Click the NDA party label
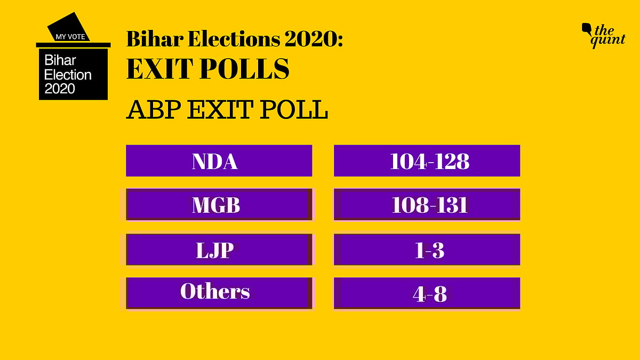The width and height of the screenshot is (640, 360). [214, 161]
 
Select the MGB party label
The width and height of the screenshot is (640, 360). [216, 205]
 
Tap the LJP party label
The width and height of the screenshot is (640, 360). [215, 250]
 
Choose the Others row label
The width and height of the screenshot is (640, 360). [215, 291]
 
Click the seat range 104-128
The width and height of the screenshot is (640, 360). [429, 161]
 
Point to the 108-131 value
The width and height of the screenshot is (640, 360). [429, 205]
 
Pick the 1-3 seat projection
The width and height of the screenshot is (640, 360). [429, 250]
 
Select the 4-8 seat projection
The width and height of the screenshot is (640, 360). [429, 294]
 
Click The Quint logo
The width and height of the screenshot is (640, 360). [603, 36]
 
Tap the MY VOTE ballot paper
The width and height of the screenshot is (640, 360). [69, 27]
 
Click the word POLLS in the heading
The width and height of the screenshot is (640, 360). [244, 69]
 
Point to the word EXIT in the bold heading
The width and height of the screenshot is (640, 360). [159, 69]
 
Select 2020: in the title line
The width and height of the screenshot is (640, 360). [314, 39]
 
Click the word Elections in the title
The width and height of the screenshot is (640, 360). [234, 39]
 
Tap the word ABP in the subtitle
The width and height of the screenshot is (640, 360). [154, 109]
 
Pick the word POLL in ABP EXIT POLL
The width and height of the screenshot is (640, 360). [294, 109]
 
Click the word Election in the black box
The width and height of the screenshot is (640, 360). [68, 75]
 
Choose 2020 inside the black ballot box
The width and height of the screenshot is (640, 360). [60, 89]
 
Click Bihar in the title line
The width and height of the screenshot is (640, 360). [155, 39]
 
